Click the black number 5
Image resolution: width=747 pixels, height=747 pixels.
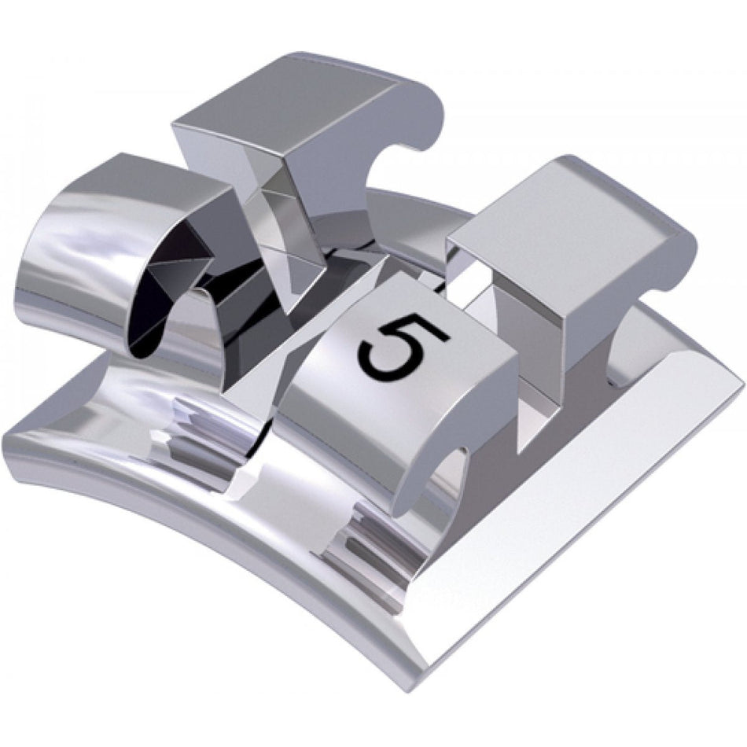click(x=403, y=346)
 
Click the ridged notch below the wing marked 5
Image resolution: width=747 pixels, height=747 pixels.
click(x=370, y=543)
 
